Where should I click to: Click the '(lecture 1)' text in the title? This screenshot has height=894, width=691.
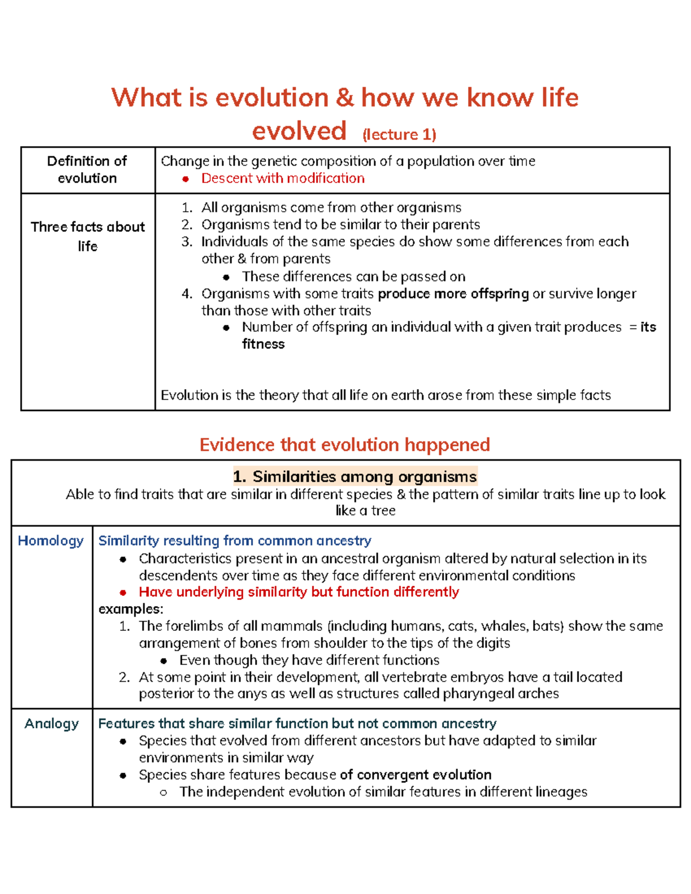point(399,134)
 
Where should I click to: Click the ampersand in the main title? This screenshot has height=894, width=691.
point(345,97)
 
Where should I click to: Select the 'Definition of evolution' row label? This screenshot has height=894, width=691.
point(87,169)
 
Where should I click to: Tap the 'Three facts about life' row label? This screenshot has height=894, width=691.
point(88,236)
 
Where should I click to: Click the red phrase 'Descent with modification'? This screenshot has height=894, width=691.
point(283,178)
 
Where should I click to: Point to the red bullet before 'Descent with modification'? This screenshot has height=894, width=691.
point(185,179)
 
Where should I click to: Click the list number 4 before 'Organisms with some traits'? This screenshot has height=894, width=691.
point(187,294)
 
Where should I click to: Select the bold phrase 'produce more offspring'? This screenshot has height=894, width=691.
point(453,294)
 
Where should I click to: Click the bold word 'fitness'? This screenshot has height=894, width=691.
point(263,344)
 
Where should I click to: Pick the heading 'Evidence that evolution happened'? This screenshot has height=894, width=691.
point(344,444)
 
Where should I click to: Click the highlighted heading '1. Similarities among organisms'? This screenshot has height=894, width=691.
point(355,477)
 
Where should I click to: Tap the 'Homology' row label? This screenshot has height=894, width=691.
point(51,541)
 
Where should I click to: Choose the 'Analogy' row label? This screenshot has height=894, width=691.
point(51,724)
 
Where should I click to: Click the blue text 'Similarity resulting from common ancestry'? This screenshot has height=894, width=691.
point(234,541)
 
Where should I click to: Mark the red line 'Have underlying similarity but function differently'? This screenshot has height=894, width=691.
point(298,592)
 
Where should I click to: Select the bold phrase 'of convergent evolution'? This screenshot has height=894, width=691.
point(415,775)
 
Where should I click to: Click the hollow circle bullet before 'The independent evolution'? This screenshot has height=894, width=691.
point(164,793)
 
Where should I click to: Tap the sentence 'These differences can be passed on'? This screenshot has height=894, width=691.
point(353,276)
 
